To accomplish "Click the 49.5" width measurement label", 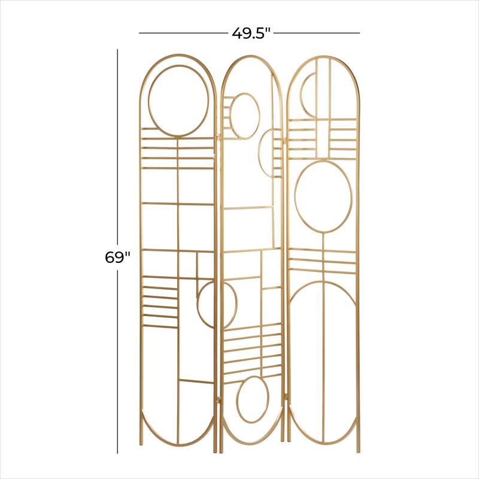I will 251,33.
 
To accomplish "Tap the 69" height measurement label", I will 117,257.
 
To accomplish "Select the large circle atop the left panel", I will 179,101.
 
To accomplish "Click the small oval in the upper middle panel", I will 245,116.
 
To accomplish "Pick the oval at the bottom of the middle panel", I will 253,400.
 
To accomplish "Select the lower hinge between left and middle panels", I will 219,398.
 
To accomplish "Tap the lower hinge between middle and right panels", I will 285,395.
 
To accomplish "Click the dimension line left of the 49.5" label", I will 183,33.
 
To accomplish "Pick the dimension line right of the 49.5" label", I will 317,33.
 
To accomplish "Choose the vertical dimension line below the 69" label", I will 118,359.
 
